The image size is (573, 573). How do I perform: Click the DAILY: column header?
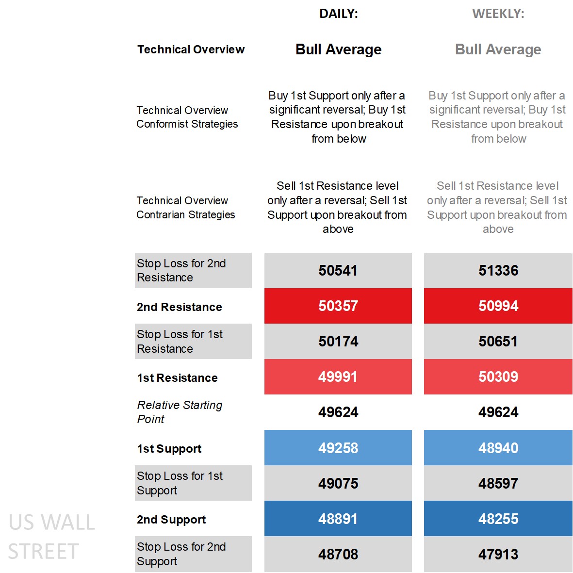tap(338, 14)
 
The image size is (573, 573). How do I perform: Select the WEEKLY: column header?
tap(498, 14)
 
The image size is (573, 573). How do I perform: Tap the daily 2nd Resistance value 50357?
tap(338, 306)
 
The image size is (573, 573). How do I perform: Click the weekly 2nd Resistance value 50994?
tap(498, 306)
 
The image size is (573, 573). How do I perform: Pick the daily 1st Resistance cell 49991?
tap(338, 377)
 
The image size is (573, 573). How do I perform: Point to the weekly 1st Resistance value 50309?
tap(498, 377)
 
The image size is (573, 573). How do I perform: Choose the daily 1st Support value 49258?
tap(338, 448)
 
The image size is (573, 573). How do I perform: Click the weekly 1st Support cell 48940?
tap(498, 448)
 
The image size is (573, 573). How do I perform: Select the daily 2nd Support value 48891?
tap(338, 519)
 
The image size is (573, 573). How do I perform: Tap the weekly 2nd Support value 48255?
tap(498, 519)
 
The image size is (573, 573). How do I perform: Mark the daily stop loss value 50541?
tap(338, 270)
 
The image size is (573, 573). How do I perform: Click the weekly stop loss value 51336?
tap(498, 270)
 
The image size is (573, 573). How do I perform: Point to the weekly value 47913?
tap(498, 554)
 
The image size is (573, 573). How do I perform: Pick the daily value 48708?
tap(338, 554)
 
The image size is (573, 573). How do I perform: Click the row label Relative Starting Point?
tap(180, 412)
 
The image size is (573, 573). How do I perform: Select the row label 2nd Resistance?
tap(180, 307)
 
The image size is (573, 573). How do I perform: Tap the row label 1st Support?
tap(169, 449)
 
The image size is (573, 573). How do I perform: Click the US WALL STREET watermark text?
tap(51, 537)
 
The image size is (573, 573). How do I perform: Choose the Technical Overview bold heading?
tap(191, 49)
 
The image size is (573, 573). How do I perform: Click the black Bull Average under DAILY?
tap(338, 49)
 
